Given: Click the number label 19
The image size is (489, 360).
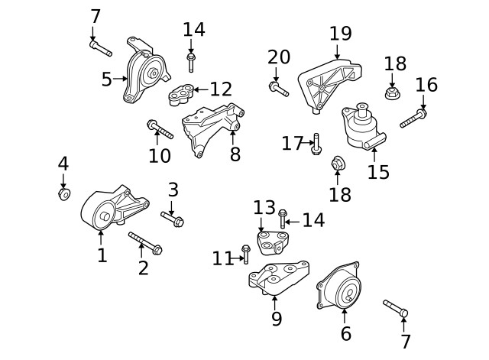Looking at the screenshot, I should (340, 34).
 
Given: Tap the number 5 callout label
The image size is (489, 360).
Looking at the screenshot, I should (107, 78).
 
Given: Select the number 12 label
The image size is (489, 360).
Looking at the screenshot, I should (221, 89).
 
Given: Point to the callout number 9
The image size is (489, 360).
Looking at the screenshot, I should (277, 318).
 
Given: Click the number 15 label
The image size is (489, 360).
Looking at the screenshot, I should (378, 171).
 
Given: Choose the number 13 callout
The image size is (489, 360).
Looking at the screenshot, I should (264, 207).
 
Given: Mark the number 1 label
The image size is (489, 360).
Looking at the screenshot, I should (102, 255).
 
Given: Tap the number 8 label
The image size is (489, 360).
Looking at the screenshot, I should (235, 154).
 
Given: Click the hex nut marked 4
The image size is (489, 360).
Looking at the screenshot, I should (64, 193).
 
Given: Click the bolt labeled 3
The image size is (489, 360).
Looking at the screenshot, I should (173, 220).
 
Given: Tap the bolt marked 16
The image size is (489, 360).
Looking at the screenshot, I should (413, 118).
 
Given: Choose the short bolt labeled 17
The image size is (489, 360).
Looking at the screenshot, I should (316, 144).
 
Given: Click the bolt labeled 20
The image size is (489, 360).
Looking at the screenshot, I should (278, 90).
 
